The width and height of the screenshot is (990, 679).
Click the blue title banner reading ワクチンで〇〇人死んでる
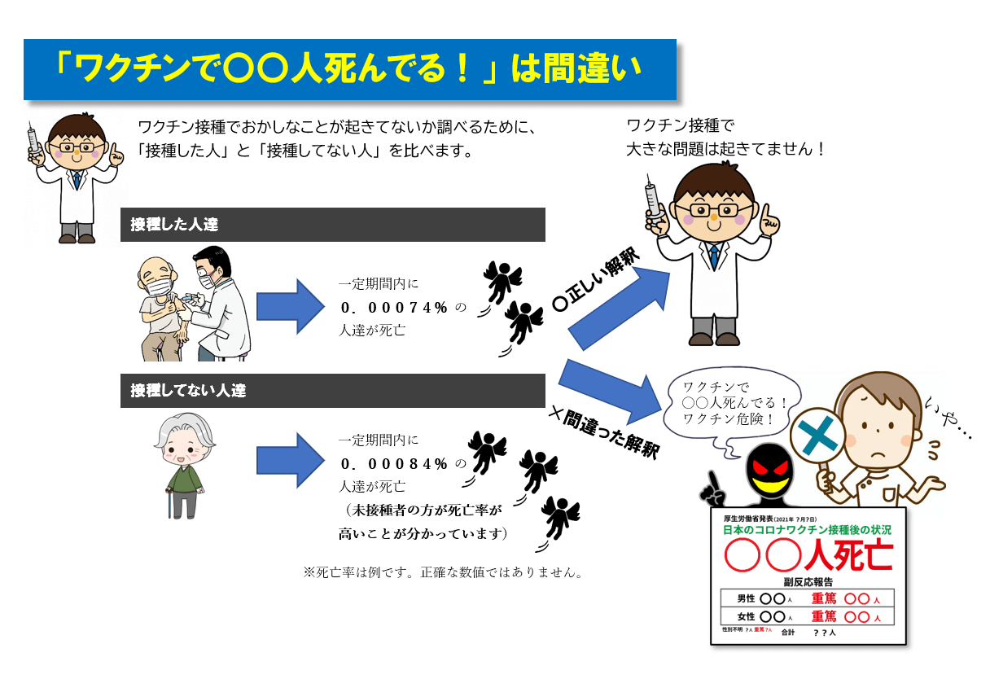click(x=349, y=70)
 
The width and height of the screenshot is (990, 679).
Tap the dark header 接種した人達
click(x=333, y=225)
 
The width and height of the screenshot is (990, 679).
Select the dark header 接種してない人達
click(x=333, y=391)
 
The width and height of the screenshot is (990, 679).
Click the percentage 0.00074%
click(x=394, y=307)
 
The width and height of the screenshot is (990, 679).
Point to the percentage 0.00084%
click(x=394, y=464)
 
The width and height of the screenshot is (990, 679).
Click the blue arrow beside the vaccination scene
click(x=291, y=306)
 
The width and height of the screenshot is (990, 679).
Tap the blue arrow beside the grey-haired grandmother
click(x=291, y=461)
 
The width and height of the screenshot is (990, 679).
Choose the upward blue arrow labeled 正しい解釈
click(x=619, y=309)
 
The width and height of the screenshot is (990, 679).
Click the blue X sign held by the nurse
click(x=817, y=436)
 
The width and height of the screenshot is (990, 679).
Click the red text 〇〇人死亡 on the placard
click(x=808, y=555)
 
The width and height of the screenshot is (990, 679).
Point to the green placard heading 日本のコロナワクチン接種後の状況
click(x=807, y=529)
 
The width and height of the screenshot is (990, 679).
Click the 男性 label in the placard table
click(x=746, y=598)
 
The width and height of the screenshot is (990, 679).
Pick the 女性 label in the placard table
click(x=746, y=616)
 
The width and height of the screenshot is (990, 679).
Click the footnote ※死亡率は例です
click(x=443, y=572)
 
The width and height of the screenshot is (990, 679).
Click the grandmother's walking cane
click(x=169, y=503)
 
